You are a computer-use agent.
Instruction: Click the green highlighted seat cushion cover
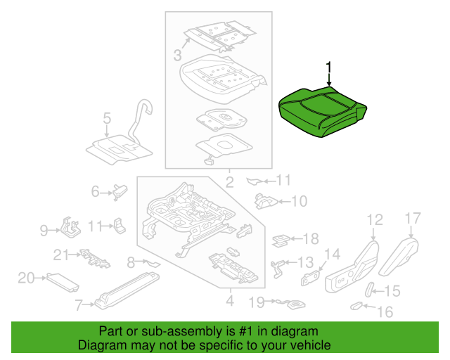coord(323,110)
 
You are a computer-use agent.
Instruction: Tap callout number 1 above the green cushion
coord(328,68)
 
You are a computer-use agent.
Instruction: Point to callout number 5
coord(107,118)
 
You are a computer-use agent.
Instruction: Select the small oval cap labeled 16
coord(358,306)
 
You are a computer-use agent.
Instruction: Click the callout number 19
coord(256,302)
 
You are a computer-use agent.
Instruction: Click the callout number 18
coord(310,238)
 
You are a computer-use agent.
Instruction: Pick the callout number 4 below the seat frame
coord(229,302)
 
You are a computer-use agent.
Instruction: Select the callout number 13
coord(305,262)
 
